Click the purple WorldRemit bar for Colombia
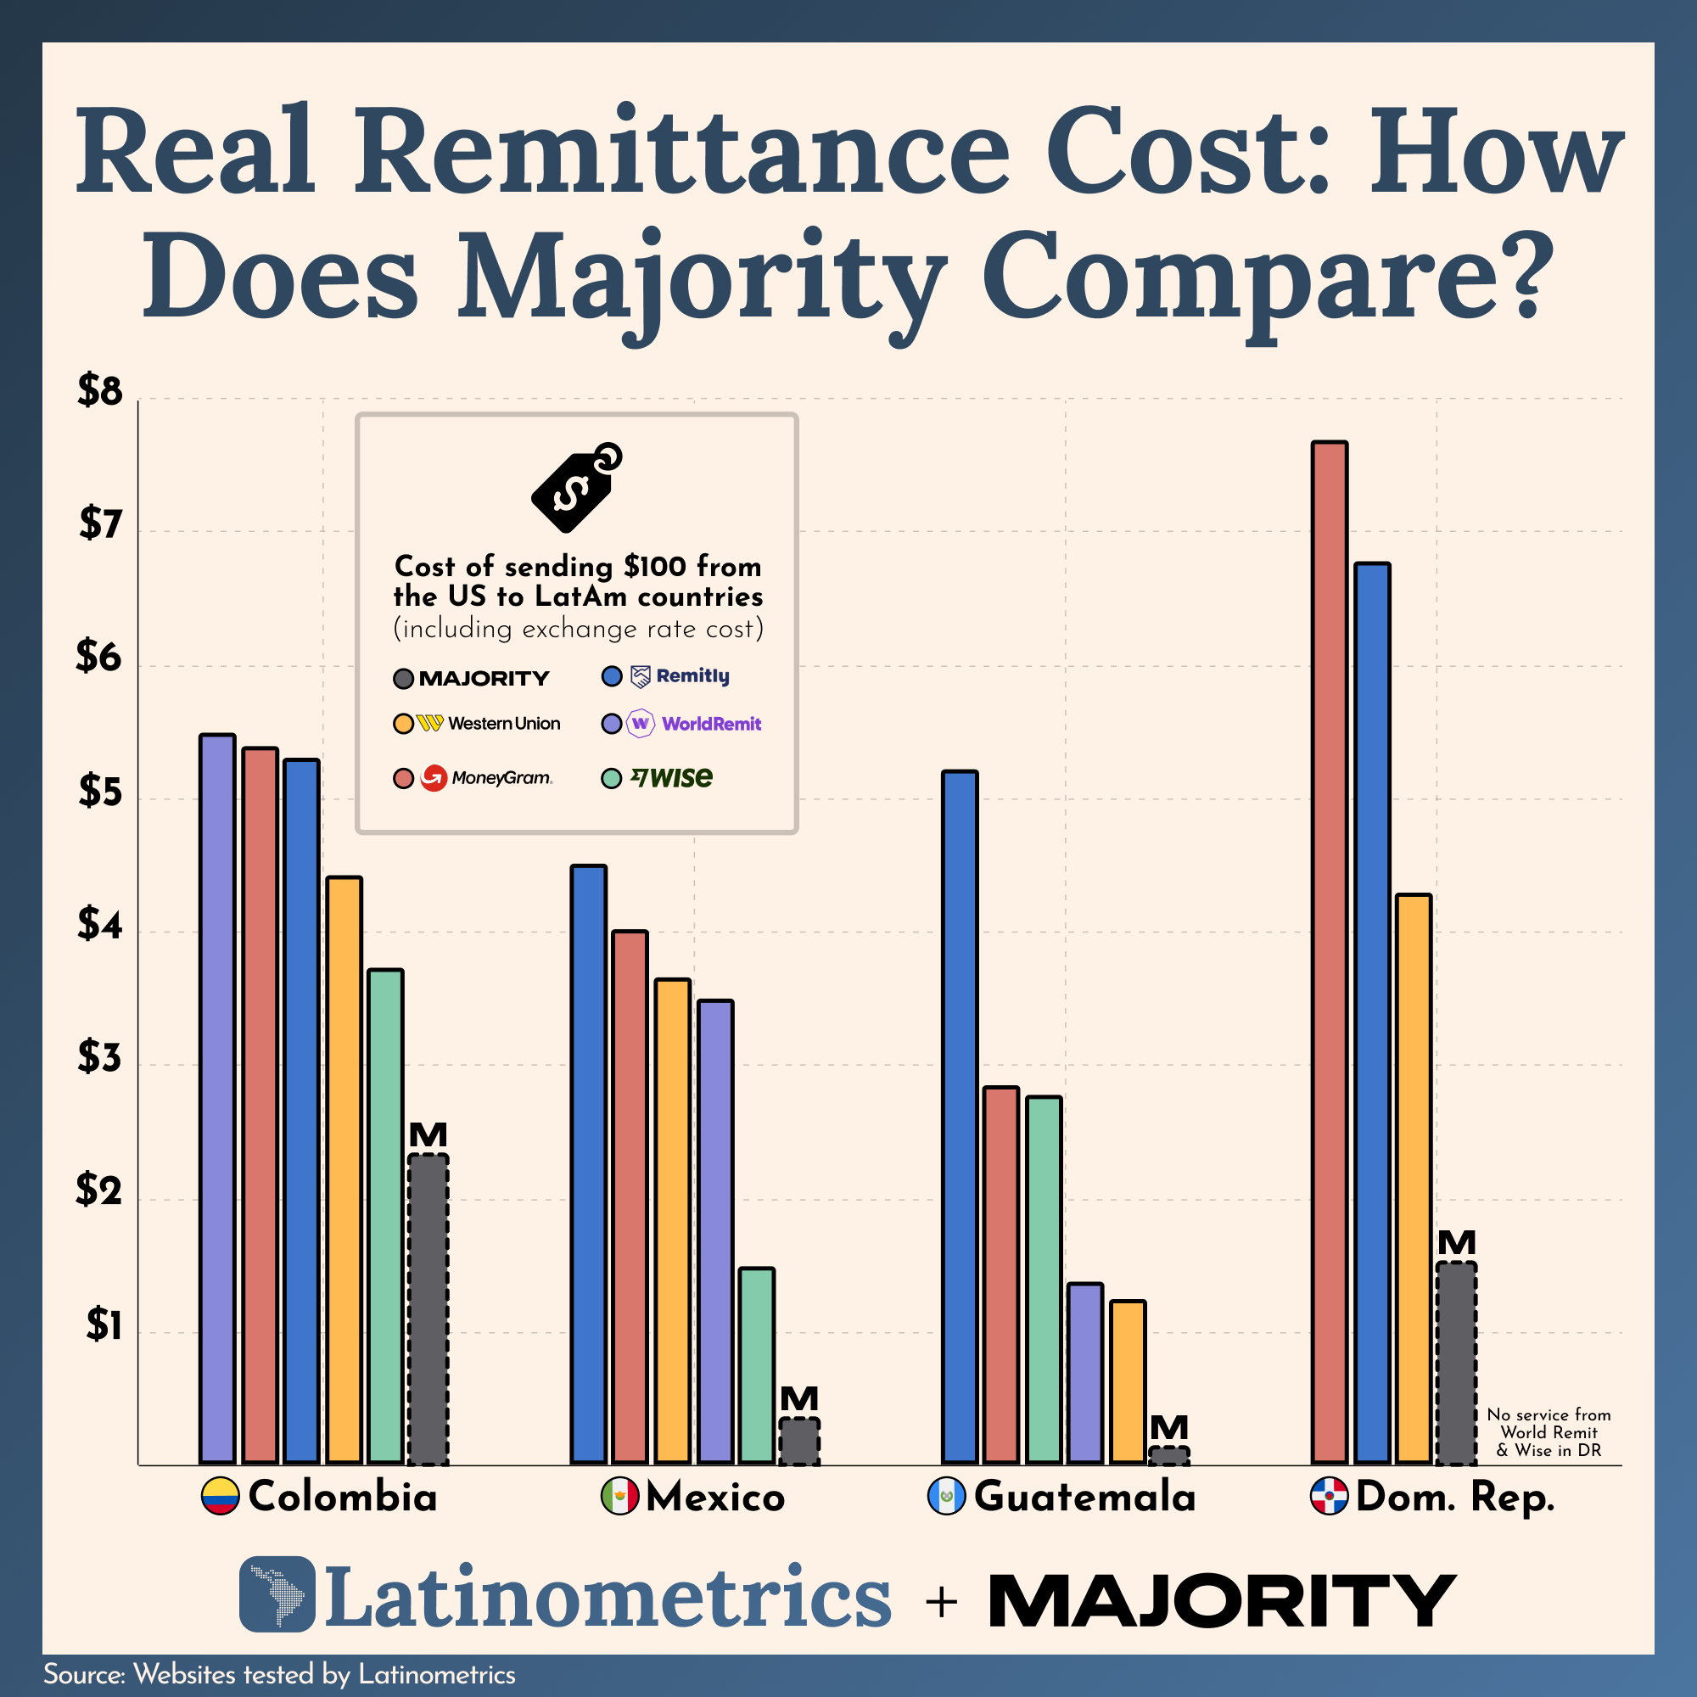coord(217,1098)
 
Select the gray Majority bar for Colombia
coord(428,1308)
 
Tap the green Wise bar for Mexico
coord(756,1367)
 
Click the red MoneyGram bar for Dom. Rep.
coord(1329,953)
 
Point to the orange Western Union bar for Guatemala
coord(1128,1382)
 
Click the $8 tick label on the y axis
coord(100,390)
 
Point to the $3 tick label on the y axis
coord(100,1057)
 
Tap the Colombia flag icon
coord(221,1496)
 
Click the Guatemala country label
coord(1084,1496)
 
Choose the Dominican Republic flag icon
coord(1329,1496)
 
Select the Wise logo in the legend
coord(671,777)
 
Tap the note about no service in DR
coord(1549,1431)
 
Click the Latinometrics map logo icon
coord(277,1594)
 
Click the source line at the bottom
coord(279,1674)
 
